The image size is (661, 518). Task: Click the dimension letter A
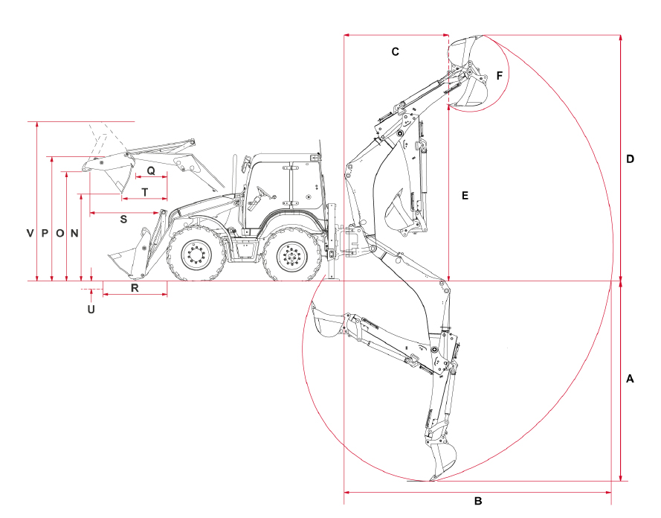630,379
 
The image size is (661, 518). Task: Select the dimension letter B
478,501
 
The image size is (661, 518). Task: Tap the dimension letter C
395,51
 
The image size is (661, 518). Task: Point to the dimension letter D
630,159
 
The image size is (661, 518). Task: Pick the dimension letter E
465,195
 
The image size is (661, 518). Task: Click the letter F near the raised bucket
500,75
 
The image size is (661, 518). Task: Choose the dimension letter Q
151,171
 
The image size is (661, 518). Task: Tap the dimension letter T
145,192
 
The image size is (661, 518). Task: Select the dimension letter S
123,220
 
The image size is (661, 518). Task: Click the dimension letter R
135,288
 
